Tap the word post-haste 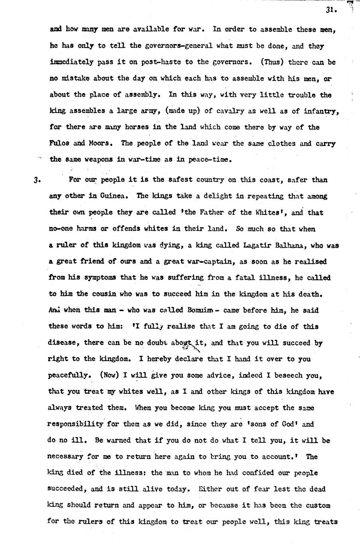point(150,62)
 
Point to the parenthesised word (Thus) point(273,62)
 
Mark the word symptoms point(99,277)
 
